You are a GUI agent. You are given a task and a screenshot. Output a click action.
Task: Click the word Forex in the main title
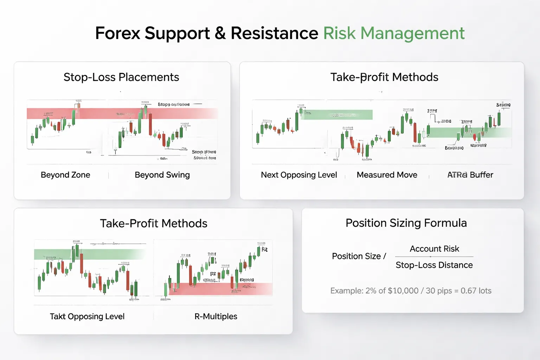(x=118, y=33)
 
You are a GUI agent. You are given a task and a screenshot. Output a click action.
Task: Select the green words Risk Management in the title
(x=394, y=33)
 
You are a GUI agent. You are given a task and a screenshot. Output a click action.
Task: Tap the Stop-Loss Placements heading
(x=121, y=77)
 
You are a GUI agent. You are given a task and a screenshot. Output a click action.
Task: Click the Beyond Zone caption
(x=65, y=175)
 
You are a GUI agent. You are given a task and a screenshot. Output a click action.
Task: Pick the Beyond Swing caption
(x=162, y=175)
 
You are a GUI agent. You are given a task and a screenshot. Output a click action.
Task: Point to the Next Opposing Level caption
(x=299, y=175)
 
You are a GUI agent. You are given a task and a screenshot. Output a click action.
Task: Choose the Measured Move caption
(x=387, y=175)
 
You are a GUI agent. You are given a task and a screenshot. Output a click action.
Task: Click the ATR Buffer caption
(x=470, y=175)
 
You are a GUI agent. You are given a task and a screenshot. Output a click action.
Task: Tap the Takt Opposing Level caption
(x=87, y=316)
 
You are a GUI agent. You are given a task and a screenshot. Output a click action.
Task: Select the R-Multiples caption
(x=216, y=316)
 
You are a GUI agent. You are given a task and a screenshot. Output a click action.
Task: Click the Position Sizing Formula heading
(x=406, y=223)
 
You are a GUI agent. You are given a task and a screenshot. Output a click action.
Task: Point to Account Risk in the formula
(x=434, y=249)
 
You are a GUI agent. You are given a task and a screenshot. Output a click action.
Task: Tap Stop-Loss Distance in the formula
(x=434, y=265)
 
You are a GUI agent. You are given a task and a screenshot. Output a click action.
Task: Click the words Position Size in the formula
(x=356, y=256)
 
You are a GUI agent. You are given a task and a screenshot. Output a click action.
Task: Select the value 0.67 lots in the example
(x=476, y=291)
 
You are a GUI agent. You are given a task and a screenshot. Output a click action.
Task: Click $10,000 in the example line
(x=403, y=291)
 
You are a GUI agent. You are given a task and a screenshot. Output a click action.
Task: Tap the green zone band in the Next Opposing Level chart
(x=337, y=115)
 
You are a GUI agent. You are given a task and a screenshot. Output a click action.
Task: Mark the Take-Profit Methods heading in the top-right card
(x=384, y=77)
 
